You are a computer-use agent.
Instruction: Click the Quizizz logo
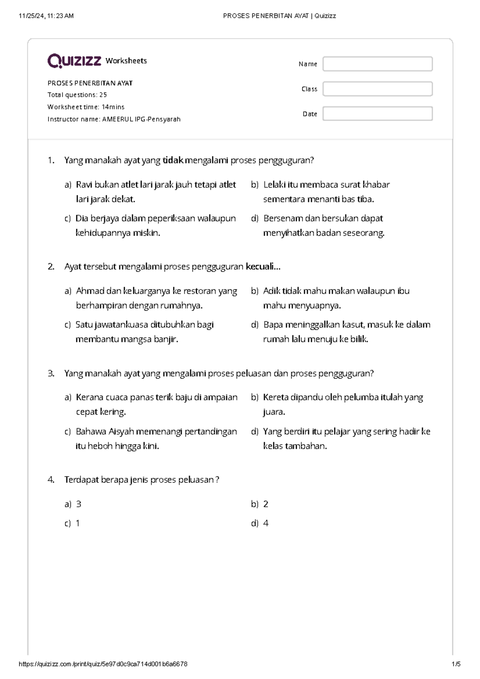click(x=74, y=61)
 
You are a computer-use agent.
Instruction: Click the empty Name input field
click(x=377, y=64)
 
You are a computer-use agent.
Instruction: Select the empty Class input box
click(x=377, y=89)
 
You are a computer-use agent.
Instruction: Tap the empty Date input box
click(x=377, y=114)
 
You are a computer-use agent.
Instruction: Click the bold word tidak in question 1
click(x=173, y=160)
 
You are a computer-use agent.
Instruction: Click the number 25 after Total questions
click(x=103, y=95)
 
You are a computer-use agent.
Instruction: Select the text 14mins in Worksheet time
click(x=113, y=107)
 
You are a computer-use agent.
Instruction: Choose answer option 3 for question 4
click(x=78, y=504)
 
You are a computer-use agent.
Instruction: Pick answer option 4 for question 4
click(x=266, y=523)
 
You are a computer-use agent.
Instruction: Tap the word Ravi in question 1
click(x=84, y=185)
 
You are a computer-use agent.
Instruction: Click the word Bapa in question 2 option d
click(x=273, y=325)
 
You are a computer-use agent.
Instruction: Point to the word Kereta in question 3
click(x=276, y=397)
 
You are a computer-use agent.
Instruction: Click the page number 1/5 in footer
click(x=456, y=664)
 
